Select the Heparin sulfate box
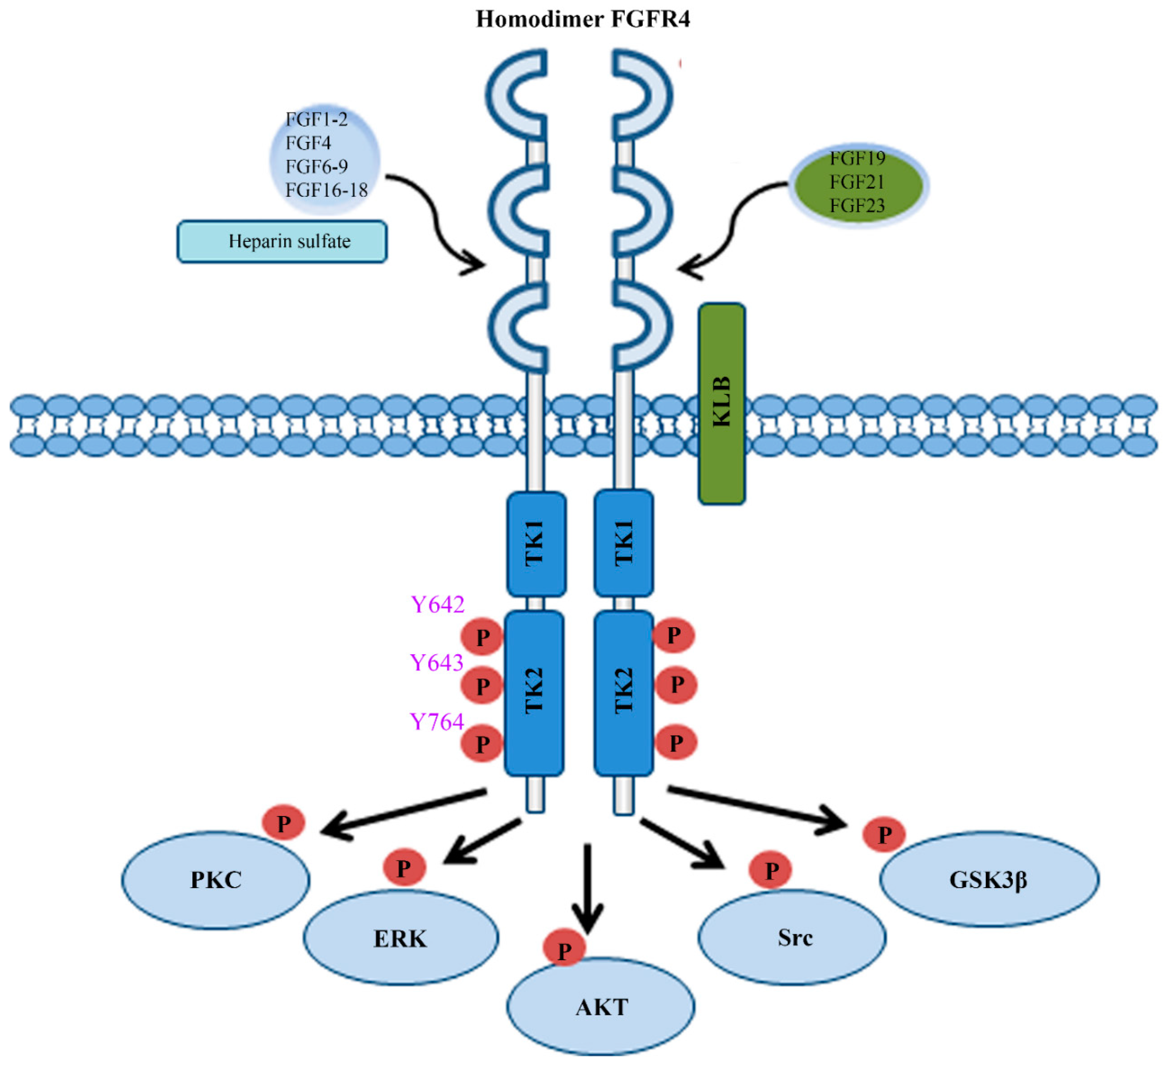(x=282, y=241)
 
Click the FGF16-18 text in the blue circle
(x=326, y=190)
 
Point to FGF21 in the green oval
(x=857, y=182)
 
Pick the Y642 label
(x=437, y=605)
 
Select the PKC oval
(x=216, y=880)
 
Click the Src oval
(x=792, y=937)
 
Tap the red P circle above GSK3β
(x=884, y=834)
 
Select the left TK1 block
(x=536, y=544)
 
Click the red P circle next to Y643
(x=482, y=685)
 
